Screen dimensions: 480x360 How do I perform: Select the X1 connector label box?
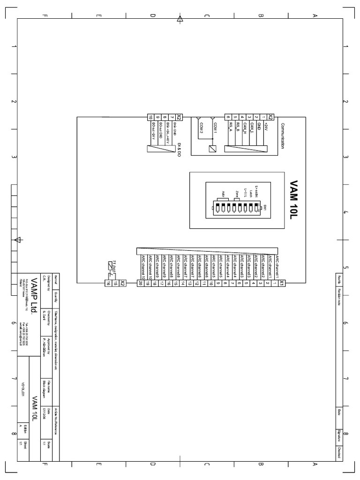point(281,283)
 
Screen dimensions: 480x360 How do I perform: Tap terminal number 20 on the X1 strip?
point(140,283)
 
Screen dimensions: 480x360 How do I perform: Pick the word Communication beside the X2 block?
point(283,135)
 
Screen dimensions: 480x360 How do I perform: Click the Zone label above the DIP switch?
point(238,195)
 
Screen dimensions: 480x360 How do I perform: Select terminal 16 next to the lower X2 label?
point(107,283)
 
